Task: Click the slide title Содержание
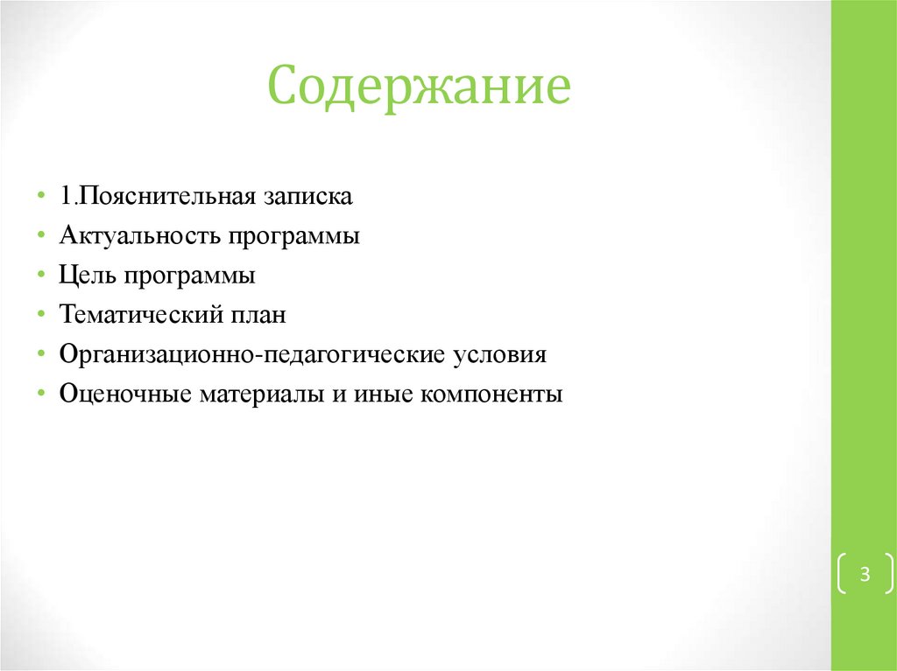pyautogui.click(x=419, y=87)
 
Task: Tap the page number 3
pyautogui.click(x=865, y=575)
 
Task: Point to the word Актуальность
pyautogui.click(x=139, y=236)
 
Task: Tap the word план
pyautogui.click(x=258, y=316)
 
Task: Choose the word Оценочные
pyautogui.click(x=125, y=395)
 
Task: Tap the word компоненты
pyautogui.click(x=491, y=395)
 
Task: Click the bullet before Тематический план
pyautogui.click(x=43, y=315)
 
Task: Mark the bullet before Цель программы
pyautogui.click(x=43, y=276)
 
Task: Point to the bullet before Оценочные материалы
pyautogui.click(x=43, y=395)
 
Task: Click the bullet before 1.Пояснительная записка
pyautogui.click(x=43, y=195)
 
